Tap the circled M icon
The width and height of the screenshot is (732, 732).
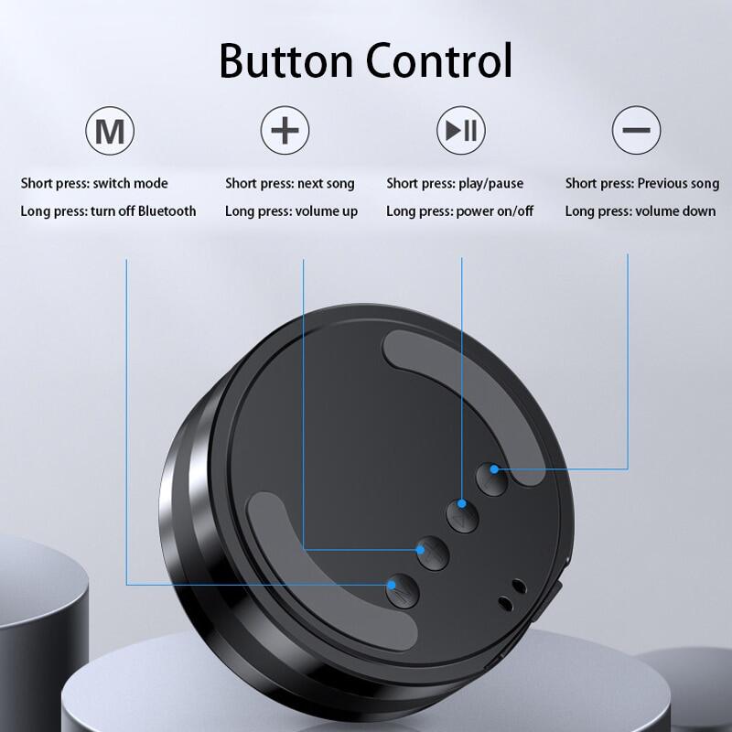click(110, 130)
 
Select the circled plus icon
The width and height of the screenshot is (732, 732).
click(285, 130)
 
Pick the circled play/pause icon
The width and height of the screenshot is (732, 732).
click(461, 130)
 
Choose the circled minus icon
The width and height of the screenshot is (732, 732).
click(636, 130)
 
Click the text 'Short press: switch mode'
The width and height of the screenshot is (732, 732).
click(94, 183)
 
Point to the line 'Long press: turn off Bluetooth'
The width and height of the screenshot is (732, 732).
click(108, 211)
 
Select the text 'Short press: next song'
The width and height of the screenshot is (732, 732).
click(290, 184)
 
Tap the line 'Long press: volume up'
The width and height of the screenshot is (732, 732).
click(291, 211)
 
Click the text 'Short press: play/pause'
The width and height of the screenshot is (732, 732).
click(455, 184)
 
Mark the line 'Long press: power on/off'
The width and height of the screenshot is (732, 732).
click(460, 211)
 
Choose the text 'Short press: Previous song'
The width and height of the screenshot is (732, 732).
click(642, 184)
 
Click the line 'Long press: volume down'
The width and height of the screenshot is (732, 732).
click(640, 211)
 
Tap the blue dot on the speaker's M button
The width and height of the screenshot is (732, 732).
click(392, 585)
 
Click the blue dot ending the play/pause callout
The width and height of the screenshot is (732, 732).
click(462, 503)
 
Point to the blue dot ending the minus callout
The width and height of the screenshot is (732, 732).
click(494, 468)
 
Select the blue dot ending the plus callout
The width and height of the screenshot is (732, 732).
click(420, 550)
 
